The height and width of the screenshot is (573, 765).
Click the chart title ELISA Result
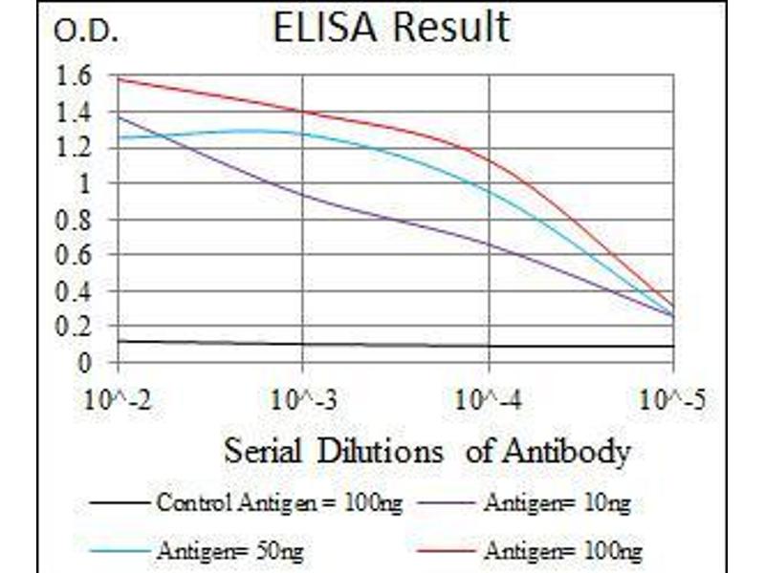390,28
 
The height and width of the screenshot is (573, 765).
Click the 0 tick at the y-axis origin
84,362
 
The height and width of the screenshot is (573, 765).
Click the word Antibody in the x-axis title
573,451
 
